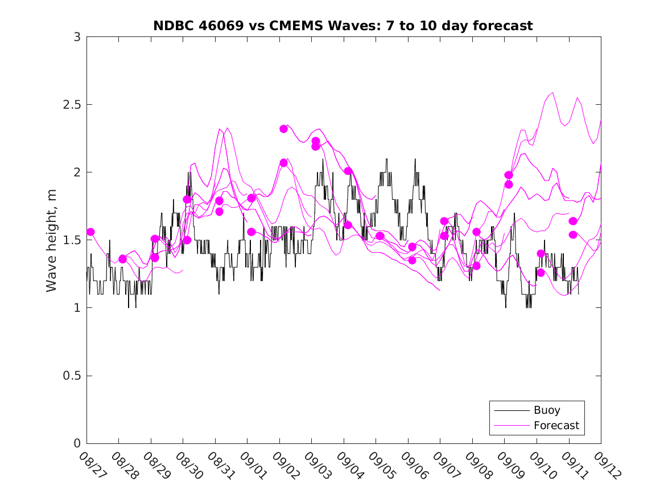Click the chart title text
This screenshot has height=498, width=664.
(343, 26)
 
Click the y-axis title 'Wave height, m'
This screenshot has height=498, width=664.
(52, 240)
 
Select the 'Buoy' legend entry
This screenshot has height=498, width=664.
(546, 410)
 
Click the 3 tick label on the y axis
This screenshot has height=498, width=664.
(77, 37)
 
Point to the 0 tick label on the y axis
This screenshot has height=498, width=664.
(77, 443)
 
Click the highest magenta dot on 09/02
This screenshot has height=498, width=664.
(283, 129)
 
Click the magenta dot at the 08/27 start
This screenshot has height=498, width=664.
(90, 232)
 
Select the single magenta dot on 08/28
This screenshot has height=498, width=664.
(122, 259)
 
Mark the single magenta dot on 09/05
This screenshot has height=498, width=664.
(380, 236)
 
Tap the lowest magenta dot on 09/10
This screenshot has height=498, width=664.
(541, 273)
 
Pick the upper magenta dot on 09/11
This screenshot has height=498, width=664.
(573, 221)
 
